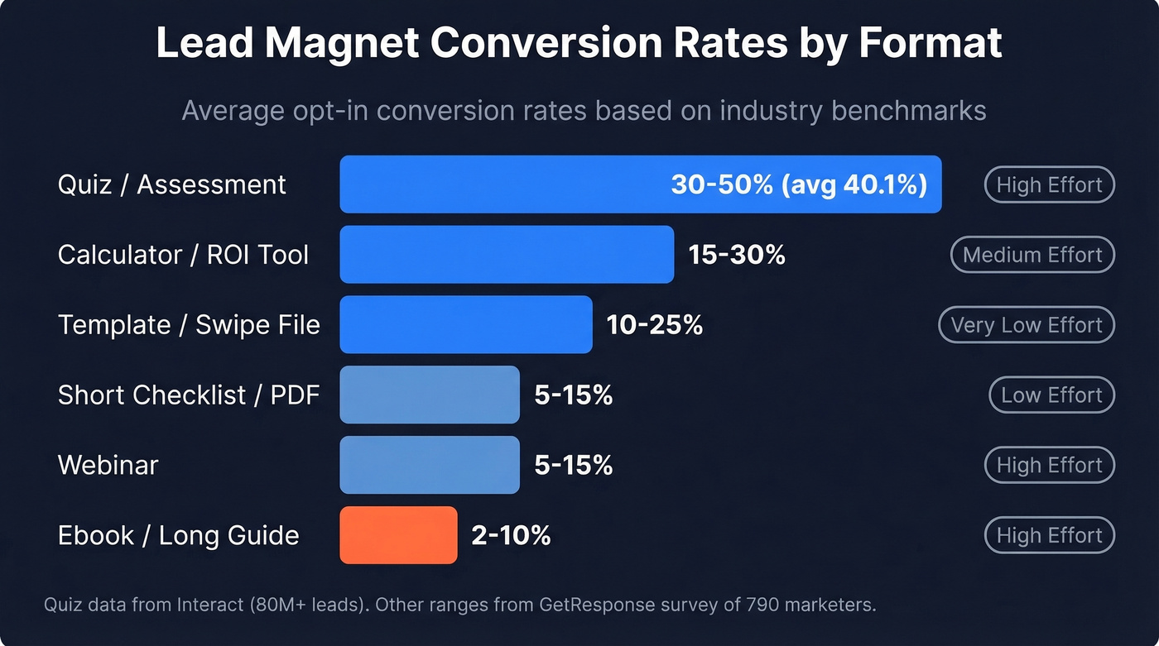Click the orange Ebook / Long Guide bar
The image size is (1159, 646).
click(398, 535)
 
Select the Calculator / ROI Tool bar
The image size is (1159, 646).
click(507, 255)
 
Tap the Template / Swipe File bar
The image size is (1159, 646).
click(466, 325)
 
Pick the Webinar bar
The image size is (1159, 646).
click(430, 465)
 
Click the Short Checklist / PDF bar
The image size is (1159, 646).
click(430, 395)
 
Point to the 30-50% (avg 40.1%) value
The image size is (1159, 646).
click(798, 184)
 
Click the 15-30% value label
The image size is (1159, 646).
click(737, 255)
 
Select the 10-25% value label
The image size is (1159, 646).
click(655, 325)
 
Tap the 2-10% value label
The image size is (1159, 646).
click(511, 535)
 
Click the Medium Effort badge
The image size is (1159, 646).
click(1032, 255)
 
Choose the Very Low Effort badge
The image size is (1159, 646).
click(1027, 325)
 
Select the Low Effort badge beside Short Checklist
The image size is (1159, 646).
click(1051, 395)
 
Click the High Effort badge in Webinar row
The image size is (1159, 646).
click(1049, 465)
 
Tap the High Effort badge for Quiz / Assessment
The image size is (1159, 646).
click(1049, 184)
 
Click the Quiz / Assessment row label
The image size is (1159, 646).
click(172, 184)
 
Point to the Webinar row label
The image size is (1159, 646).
click(108, 465)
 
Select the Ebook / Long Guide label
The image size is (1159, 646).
click(178, 535)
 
